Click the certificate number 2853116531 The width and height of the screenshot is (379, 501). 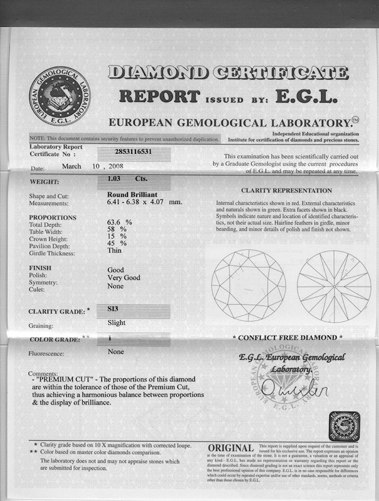[134, 152]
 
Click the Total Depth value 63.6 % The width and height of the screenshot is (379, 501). [119, 222]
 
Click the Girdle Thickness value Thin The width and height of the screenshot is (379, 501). [115, 251]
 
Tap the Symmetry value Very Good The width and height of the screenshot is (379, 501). [123, 278]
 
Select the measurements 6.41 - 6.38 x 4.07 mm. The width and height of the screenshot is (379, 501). [144, 202]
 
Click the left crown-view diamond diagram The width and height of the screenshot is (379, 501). [249, 285]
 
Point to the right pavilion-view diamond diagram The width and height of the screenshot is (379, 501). [334, 285]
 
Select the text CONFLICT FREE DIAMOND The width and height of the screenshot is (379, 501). [287, 338]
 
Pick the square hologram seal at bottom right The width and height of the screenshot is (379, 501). [344, 426]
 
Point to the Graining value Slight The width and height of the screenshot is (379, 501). [117, 322]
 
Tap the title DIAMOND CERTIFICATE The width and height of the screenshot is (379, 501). [228, 73]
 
